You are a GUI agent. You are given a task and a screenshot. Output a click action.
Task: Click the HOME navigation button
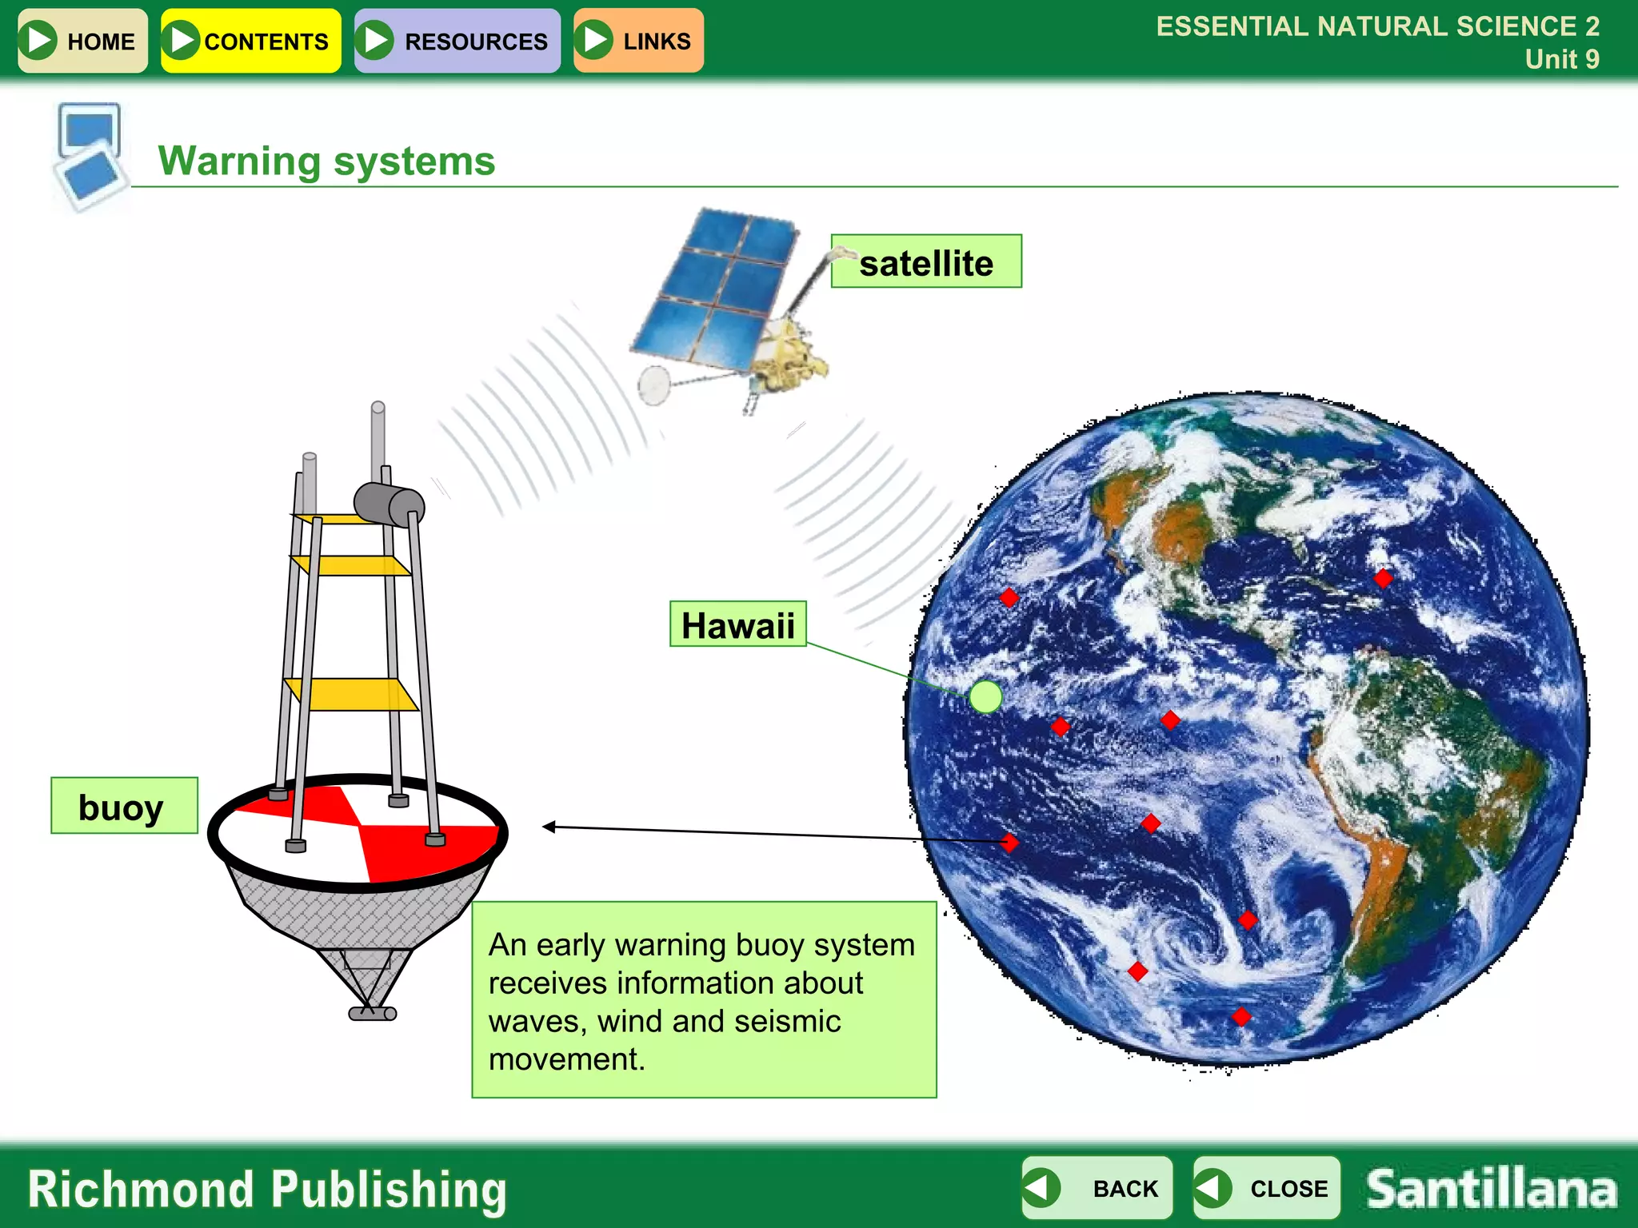click(x=82, y=41)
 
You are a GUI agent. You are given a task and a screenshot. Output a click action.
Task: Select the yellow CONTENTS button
click(x=250, y=41)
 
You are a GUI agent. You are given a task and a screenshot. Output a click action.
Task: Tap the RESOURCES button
click(x=457, y=41)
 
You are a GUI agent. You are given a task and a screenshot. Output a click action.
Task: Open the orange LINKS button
click(x=638, y=41)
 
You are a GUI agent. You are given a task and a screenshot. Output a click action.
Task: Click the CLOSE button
click(x=1266, y=1188)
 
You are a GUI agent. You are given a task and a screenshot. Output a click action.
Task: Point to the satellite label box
click(x=926, y=262)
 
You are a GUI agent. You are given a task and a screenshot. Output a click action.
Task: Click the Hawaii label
click(x=737, y=624)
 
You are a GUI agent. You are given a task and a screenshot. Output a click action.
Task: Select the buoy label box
click(x=124, y=806)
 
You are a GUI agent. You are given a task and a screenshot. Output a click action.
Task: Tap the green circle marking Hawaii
click(x=985, y=696)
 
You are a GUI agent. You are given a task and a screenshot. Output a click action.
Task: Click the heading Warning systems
click(x=326, y=161)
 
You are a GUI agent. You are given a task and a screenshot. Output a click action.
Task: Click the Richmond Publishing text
click(x=267, y=1190)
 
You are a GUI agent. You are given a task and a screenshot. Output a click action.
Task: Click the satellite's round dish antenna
click(x=654, y=385)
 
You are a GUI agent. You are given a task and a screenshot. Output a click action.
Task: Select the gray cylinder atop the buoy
click(x=390, y=504)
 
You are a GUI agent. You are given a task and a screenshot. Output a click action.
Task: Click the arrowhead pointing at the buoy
click(x=549, y=827)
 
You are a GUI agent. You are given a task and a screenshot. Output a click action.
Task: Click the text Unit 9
click(x=1561, y=59)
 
